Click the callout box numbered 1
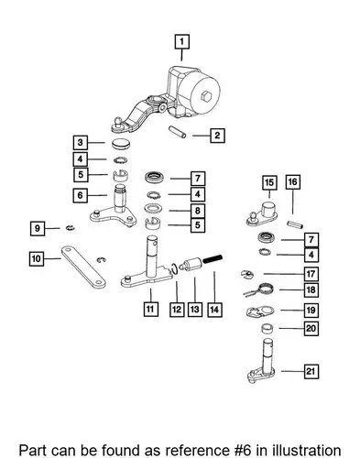coord(182,42)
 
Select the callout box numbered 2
coord(217,136)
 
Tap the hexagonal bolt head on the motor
coord(206,96)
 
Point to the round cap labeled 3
coord(121,144)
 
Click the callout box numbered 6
coord(81,195)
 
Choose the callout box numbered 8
coord(198,211)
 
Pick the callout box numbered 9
coord(38,228)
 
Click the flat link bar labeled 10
coord(83,267)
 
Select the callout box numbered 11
coord(151,309)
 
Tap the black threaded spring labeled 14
coord(213,259)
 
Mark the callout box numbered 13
coord(195,310)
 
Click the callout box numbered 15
coord(269,182)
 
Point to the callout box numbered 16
coord(292,182)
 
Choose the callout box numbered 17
coord(311,274)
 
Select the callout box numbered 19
coord(311,311)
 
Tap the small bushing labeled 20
coord(267,329)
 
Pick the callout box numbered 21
coord(311,371)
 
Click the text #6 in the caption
coord(241,451)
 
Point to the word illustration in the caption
coord(307,451)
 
